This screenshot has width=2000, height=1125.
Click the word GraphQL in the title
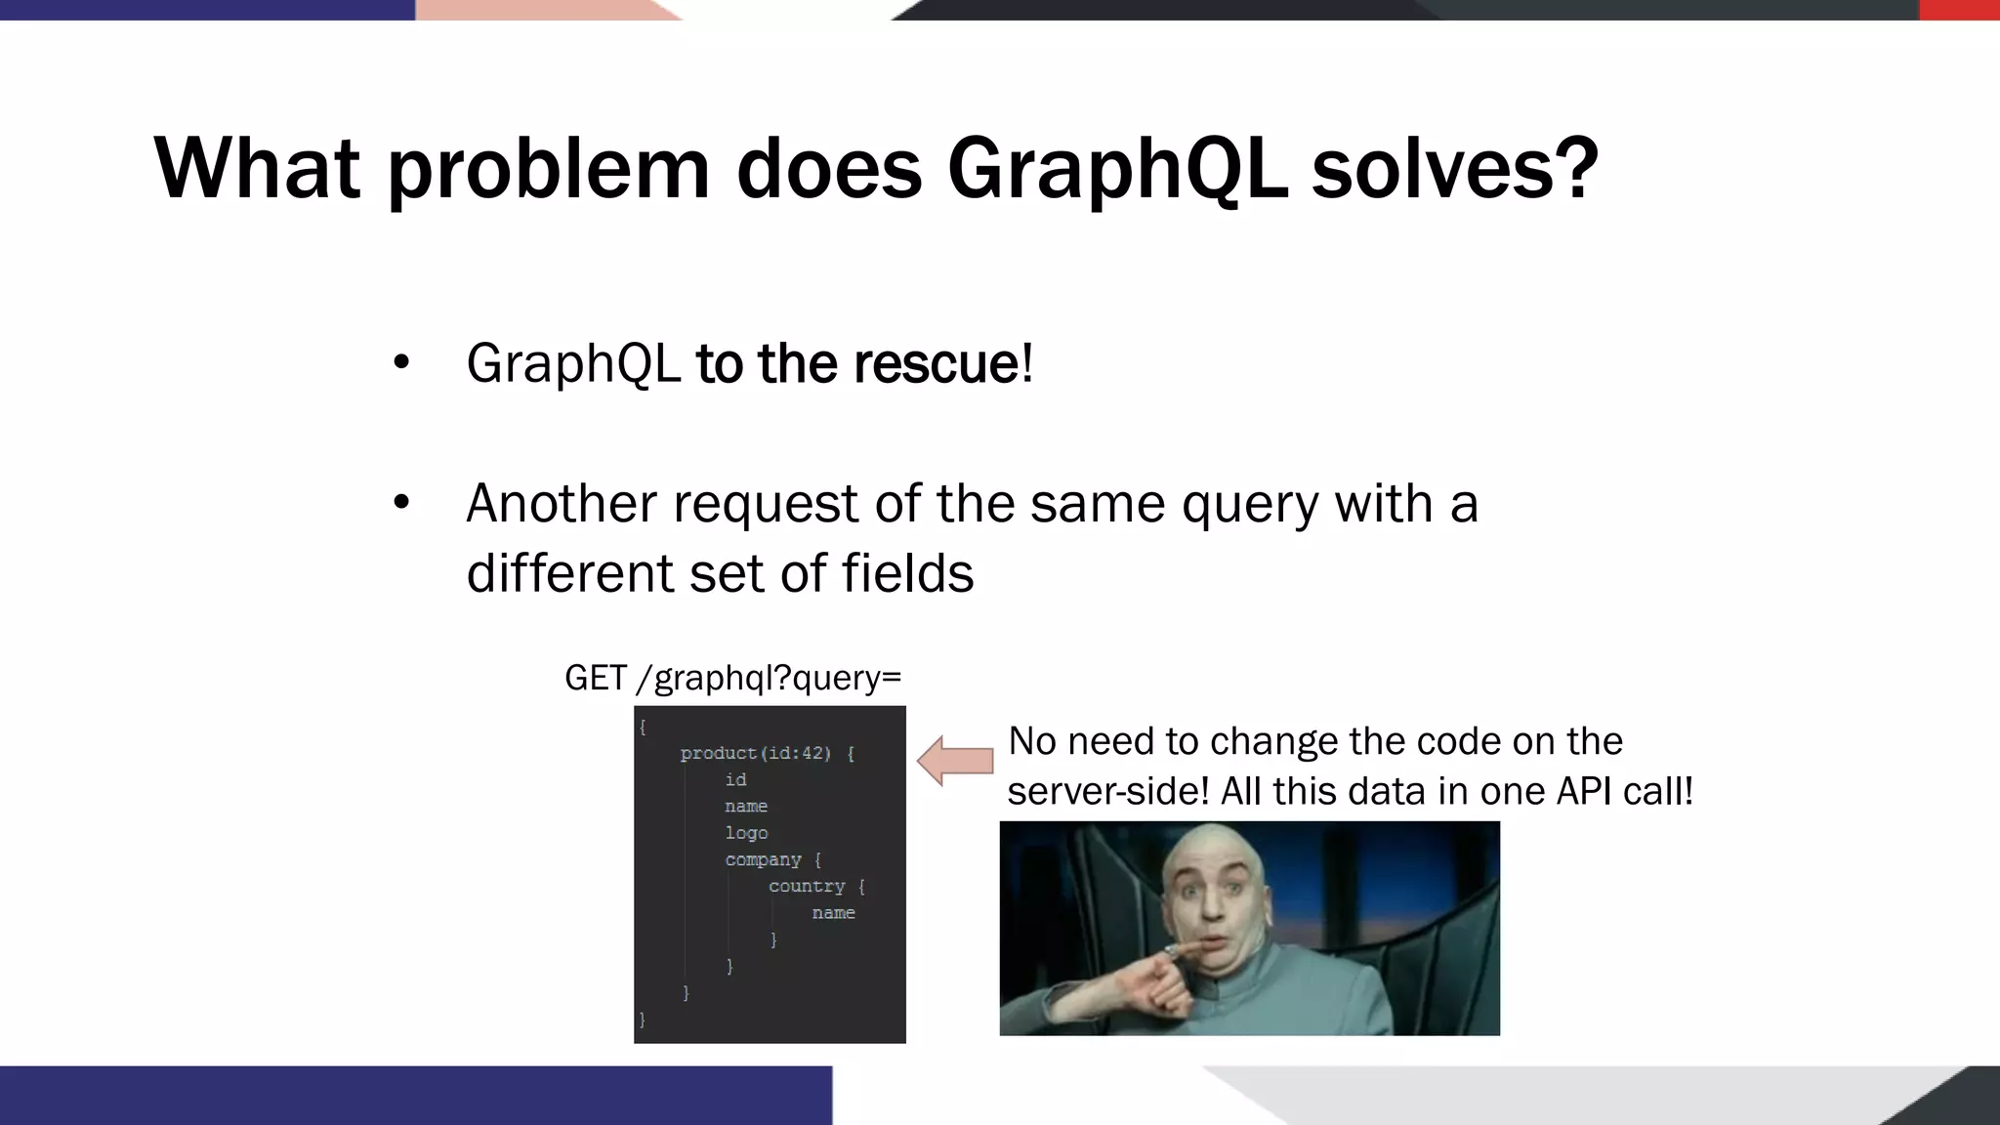point(1116,168)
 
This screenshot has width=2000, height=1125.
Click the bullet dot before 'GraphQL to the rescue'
point(401,363)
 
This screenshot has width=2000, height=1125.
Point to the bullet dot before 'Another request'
point(401,504)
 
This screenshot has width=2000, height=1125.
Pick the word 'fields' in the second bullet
point(907,573)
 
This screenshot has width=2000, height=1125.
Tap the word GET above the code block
point(595,678)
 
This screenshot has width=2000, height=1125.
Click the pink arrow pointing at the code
point(955,762)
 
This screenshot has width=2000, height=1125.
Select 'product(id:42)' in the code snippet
point(755,753)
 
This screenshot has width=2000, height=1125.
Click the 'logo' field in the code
point(746,833)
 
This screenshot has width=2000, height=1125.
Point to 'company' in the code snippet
point(763,859)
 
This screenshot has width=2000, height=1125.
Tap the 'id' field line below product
point(735,779)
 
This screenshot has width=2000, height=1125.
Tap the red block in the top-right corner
point(1959,10)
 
